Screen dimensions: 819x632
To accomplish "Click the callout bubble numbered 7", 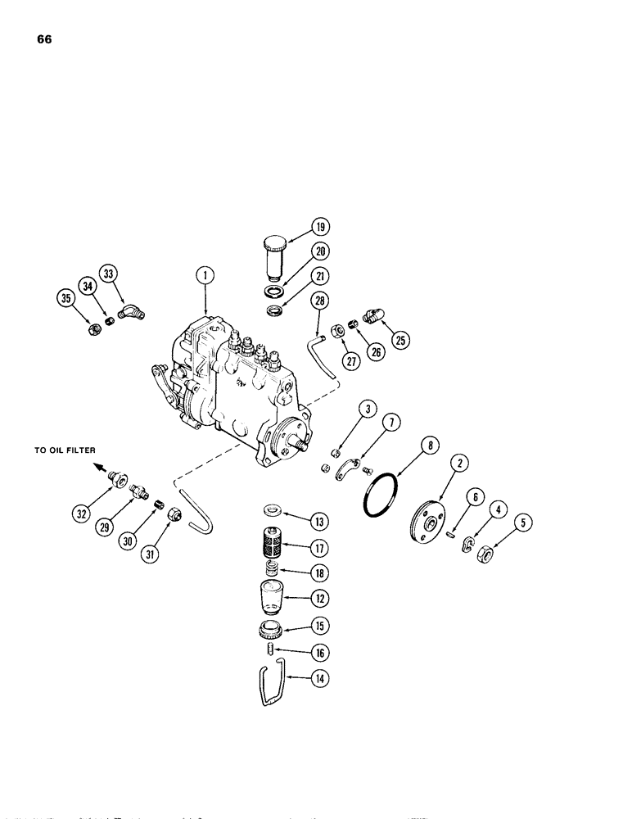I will click(390, 423).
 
